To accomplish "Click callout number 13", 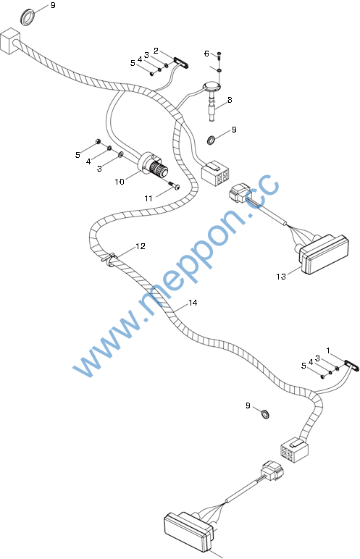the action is pyautogui.click(x=281, y=277).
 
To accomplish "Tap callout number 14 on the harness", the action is pyautogui.click(x=193, y=303).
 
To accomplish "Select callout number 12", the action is pyautogui.click(x=141, y=246).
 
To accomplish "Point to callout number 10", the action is pyautogui.click(x=120, y=182).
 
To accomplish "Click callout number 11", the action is pyautogui.click(x=148, y=198).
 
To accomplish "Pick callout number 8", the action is pyautogui.click(x=230, y=100).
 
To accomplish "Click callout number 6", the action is pyautogui.click(x=206, y=54).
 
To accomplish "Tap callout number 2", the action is pyautogui.click(x=156, y=51).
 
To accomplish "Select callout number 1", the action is pyautogui.click(x=328, y=350).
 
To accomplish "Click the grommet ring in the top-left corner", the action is pyautogui.click(x=28, y=17).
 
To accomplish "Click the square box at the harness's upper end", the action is pyautogui.click(x=9, y=41).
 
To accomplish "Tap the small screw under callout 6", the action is pyautogui.click(x=219, y=54).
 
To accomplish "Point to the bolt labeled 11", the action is pyautogui.click(x=175, y=185).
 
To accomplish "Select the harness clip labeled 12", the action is pyautogui.click(x=109, y=259).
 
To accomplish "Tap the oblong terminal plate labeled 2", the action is pyautogui.click(x=181, y=63).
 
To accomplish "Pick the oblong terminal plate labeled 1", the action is pyautogui.click(x=352, y=366).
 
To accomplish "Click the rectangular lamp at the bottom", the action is pyautogui.click(x=189, y=531).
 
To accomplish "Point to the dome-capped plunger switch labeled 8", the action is pyautogui.click(x=212, y=100).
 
